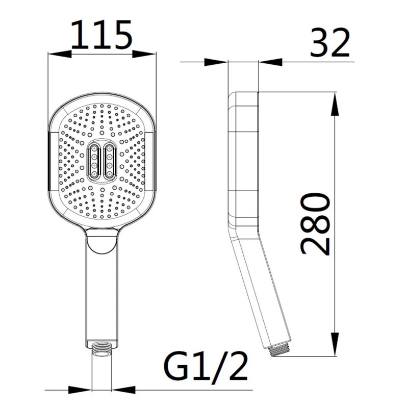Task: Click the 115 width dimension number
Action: [101, 35]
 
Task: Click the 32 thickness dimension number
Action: [329, 43]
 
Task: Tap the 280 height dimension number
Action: [315, 224]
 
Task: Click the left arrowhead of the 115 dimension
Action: [60, 54]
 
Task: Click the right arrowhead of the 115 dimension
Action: [144, 54]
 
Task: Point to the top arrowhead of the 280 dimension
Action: [335, 104]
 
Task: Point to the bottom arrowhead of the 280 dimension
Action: [335, 344]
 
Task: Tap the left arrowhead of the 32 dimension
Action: [216, 62]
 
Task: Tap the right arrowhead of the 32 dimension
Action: [270, 62]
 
